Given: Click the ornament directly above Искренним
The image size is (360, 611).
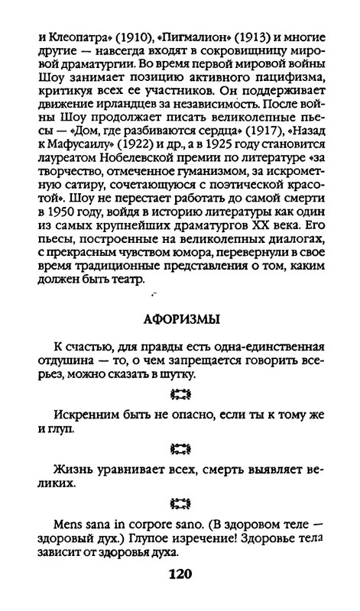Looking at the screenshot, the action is click(x=180, y=394).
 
